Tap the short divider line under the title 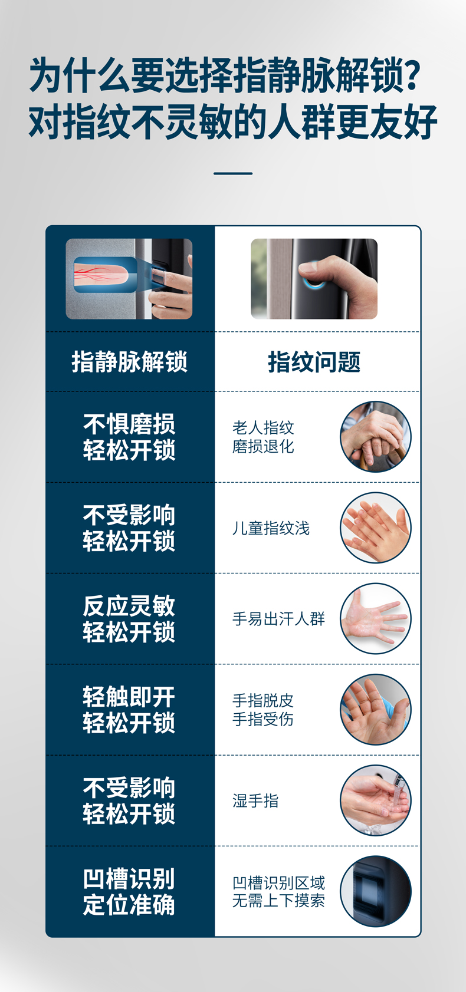click(x=233, y=173)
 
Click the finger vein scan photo click(x=129, y=279)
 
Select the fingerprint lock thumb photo click(x=314, y=279)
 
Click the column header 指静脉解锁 click(x=129, y=361)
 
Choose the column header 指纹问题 click(x=314, y=361)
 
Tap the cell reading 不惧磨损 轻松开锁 click(x=129, y=437)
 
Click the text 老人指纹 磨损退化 click(x=263, y=437)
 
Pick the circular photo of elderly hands click(x=376, y=437)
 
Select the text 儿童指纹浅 click(x=271, y=528)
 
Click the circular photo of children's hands click(x=376, y=528)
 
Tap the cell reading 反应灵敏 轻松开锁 click(x=129, y=619)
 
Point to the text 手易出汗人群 click(x=278, y=619)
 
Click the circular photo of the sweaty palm click(x=376, y=619)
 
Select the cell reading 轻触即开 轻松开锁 click(x=129, y=710)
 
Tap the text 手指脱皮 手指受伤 click(x=263, y=710)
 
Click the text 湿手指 click(x=255, y=800)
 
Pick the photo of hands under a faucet click(x=376, y=800)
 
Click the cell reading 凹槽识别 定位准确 click(x=129, y=892)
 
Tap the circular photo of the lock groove click(x=376, y=891)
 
